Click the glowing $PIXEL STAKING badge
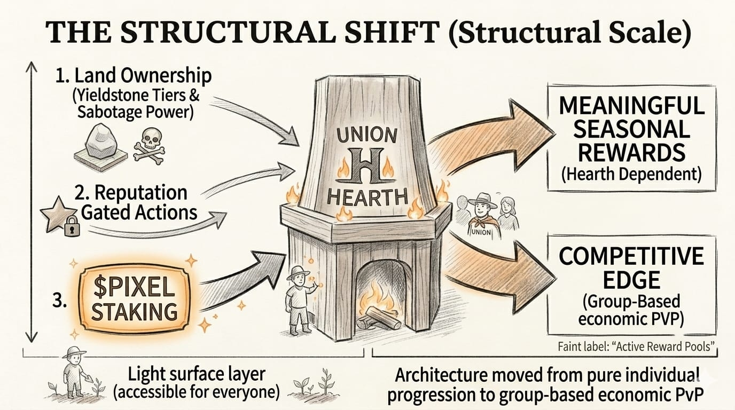[x=134, y=297]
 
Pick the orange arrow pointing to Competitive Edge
[x=499, y=266]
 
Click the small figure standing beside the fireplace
[x=299, y=299]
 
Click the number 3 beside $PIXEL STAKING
[x=60, y=301]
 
